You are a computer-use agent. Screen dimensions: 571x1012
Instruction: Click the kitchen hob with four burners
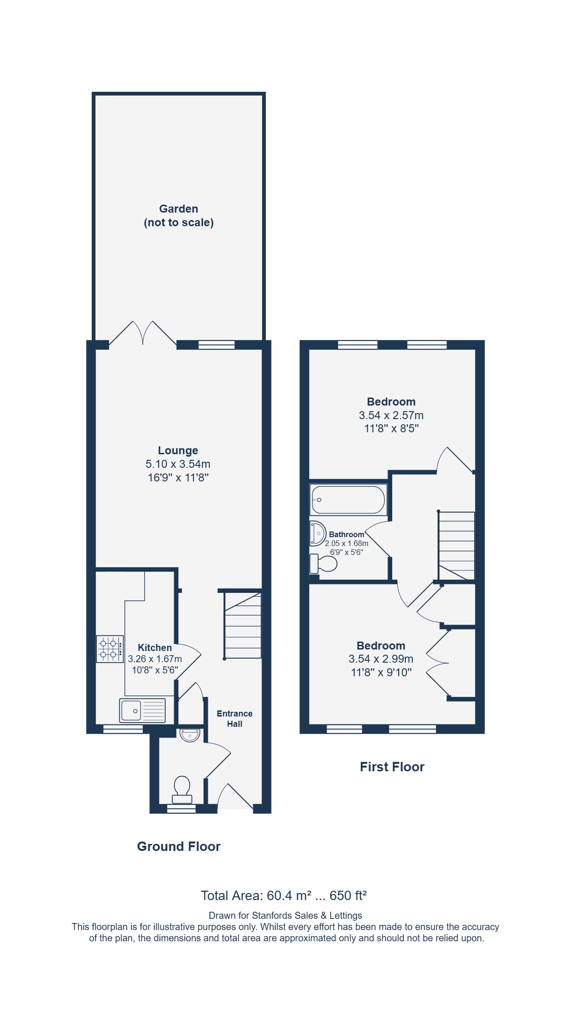pos(110,649)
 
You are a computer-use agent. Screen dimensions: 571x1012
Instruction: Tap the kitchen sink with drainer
pos(142,710)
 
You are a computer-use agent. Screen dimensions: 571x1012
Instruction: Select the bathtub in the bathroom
pos(348,500)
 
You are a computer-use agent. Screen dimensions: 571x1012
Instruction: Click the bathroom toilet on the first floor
pos(323,564)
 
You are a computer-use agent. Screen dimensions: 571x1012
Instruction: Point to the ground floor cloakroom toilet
pos(182,790)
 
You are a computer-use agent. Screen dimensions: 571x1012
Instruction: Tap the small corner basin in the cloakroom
pos(190,735)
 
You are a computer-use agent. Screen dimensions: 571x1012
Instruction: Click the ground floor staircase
pos(242,625)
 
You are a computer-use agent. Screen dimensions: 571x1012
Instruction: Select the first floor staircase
pos(456,546)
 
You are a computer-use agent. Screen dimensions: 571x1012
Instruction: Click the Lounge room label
pos(178,451)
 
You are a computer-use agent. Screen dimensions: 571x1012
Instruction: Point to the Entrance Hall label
pos(234,718)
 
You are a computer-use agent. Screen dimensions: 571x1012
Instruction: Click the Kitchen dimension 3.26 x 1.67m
pos(155,659)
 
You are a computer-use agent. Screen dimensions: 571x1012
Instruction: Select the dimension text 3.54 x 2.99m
pos(381,659)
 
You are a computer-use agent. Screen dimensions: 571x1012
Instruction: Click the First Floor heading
pos(392,767)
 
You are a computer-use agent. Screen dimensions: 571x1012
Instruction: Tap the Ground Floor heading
pos(179,846)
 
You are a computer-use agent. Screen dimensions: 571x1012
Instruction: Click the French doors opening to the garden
pos(143,333)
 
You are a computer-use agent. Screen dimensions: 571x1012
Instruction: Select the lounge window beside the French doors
pos(216,345)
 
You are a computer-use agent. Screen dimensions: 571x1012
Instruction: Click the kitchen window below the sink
pos(123,729)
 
